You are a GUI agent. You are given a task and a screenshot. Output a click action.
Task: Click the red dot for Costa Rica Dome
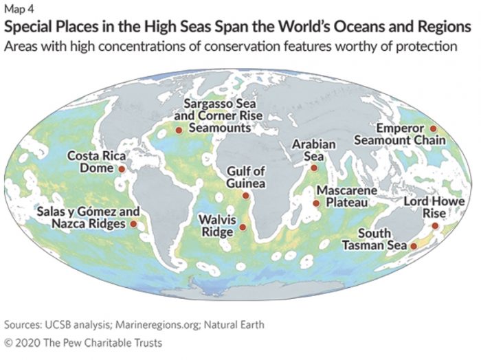coord(122,168)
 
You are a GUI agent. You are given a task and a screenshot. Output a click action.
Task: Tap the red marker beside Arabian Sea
coord(314,168)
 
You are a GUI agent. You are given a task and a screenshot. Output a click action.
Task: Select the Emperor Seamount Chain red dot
coord(433,128)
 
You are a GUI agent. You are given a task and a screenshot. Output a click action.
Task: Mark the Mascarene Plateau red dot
coord(315,203)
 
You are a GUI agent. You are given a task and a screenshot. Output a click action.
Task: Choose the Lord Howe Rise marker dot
coord(435,225)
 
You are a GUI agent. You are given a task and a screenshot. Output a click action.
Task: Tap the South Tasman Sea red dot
coord(414,245)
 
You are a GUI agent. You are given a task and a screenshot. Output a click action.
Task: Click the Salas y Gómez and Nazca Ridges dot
coord(133,224)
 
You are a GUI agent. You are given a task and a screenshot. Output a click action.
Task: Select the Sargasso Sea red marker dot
coord(178,129)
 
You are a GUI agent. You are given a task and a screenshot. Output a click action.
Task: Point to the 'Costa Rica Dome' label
coord(91,162)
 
